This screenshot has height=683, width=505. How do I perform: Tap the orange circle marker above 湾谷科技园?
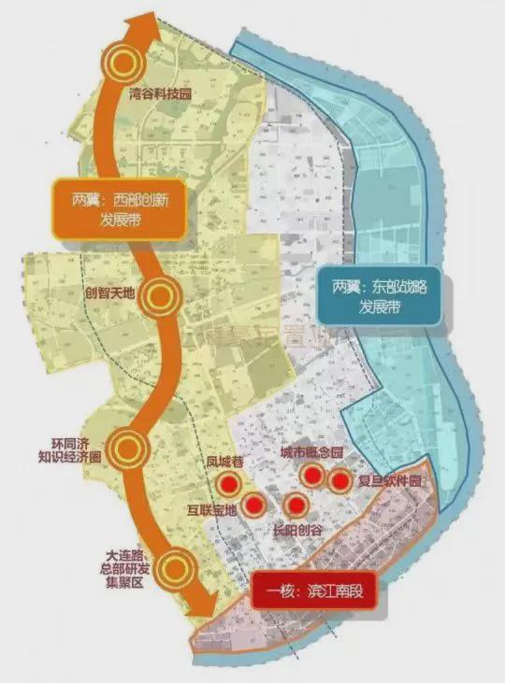click(123, 63)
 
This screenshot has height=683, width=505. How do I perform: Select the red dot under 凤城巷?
click(227, 483)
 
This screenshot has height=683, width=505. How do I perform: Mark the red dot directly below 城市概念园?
click(311, 476)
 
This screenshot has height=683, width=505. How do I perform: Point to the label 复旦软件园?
click(390, 482)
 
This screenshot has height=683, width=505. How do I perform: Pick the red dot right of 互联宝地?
click(253, 505)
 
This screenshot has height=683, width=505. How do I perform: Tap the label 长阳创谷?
click(296, 529)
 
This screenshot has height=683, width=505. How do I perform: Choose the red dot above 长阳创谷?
click(296, 506)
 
